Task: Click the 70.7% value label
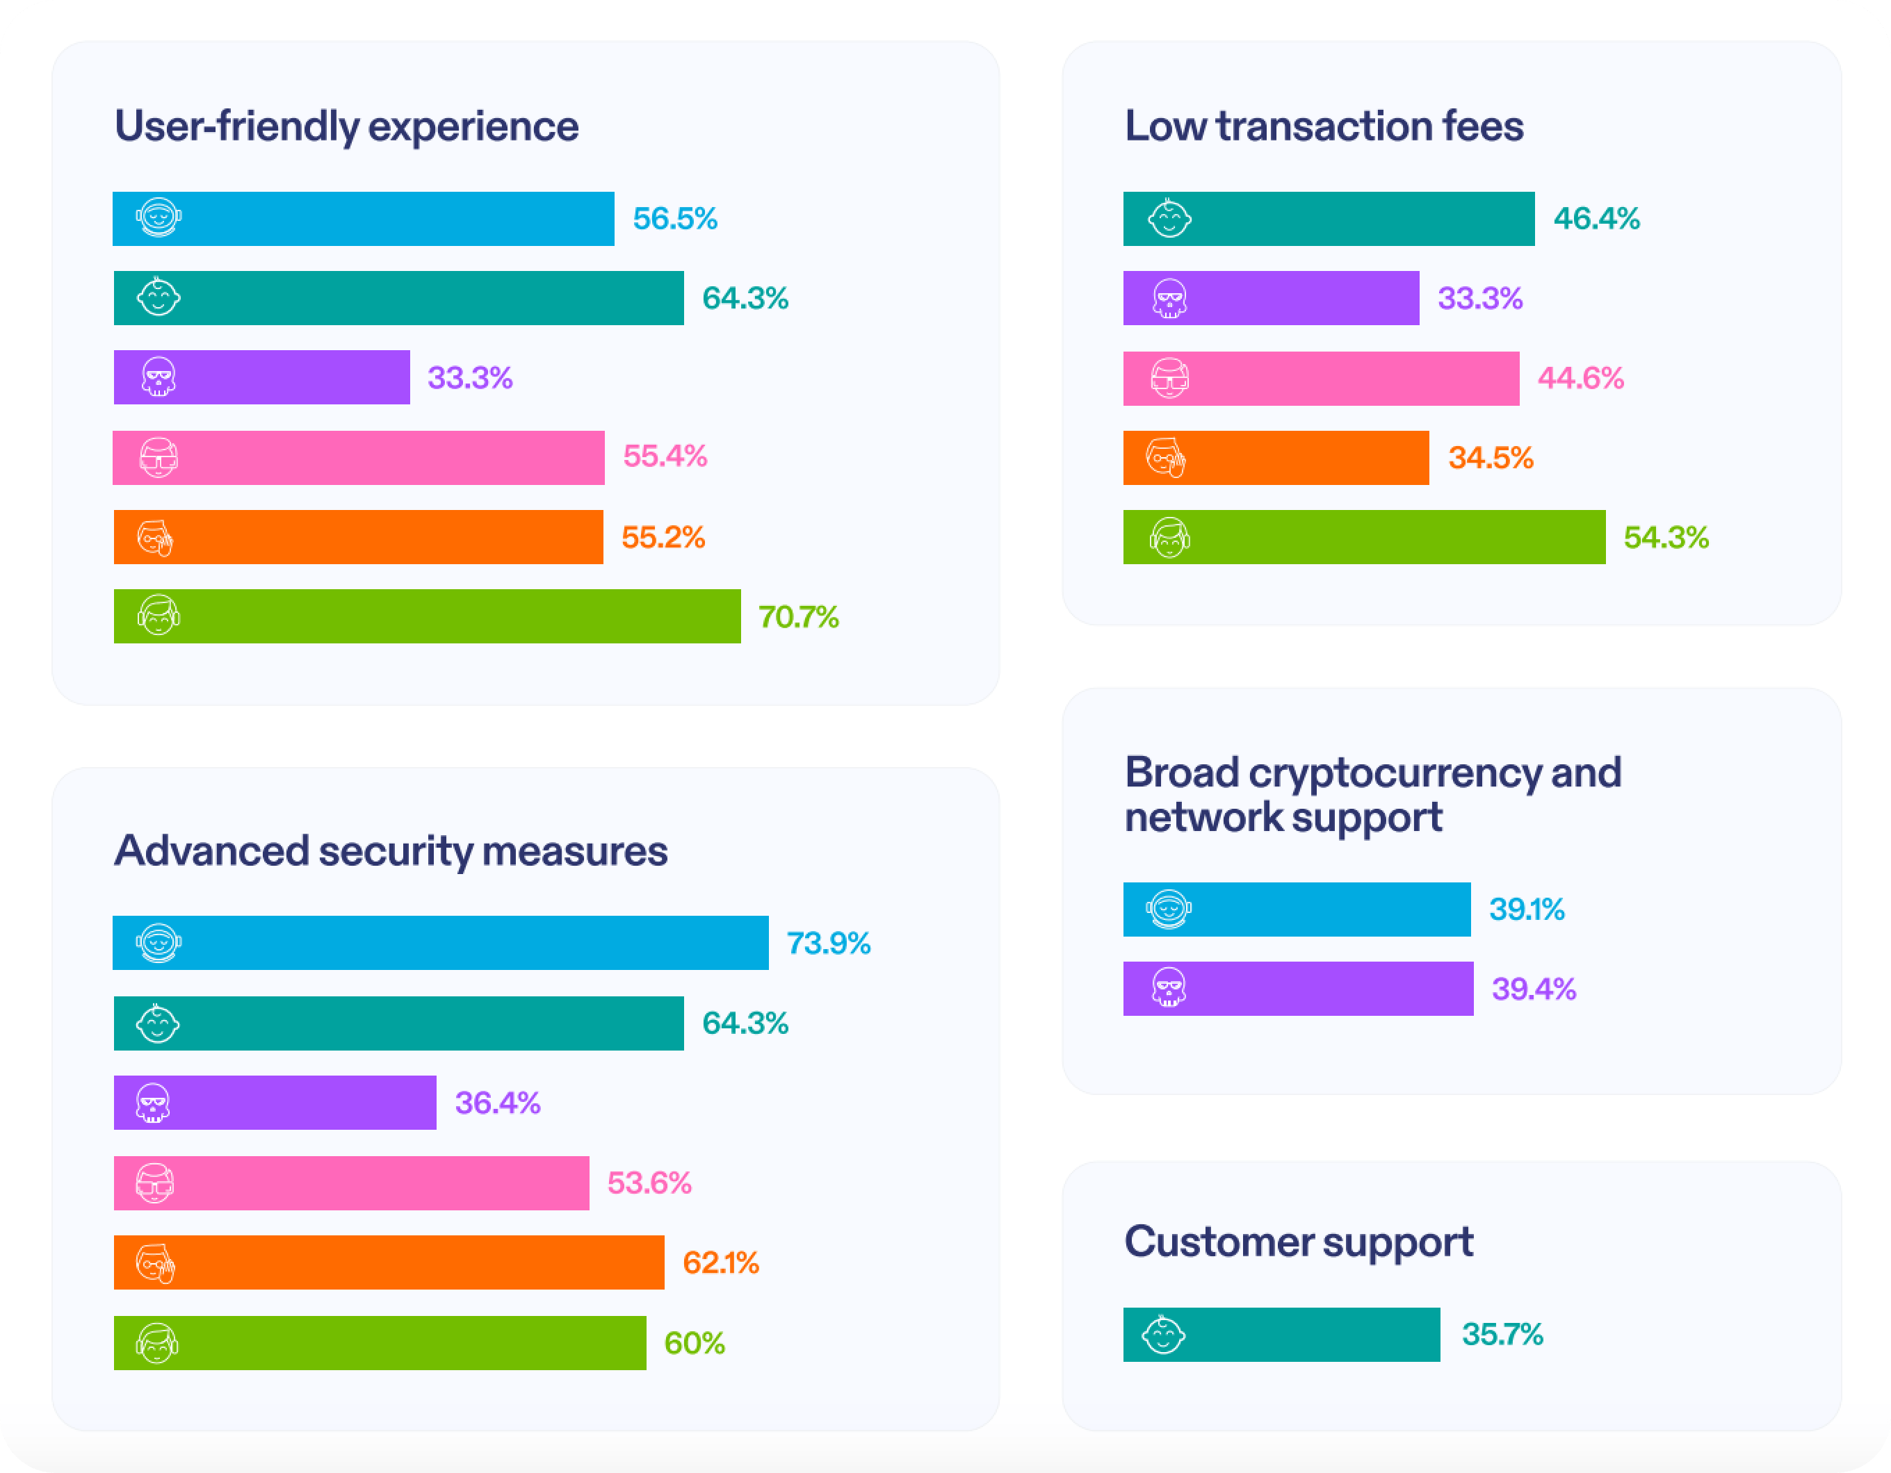pos(798,617)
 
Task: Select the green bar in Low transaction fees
pos(1364,538)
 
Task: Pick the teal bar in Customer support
pos(1281,1335)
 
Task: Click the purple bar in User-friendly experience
pos(261,377)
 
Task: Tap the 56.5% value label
pos(674,219)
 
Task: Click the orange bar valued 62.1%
pos(389,1262)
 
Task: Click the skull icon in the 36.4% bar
pos(153,1103)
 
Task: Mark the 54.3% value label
pos(1666,538)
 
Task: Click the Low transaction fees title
pos(1324,126)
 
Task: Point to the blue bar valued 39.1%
pos(1296,910)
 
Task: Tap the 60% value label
pos(695,1343)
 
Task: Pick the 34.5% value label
pos(1490,458)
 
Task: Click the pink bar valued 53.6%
pos(352,1183)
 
